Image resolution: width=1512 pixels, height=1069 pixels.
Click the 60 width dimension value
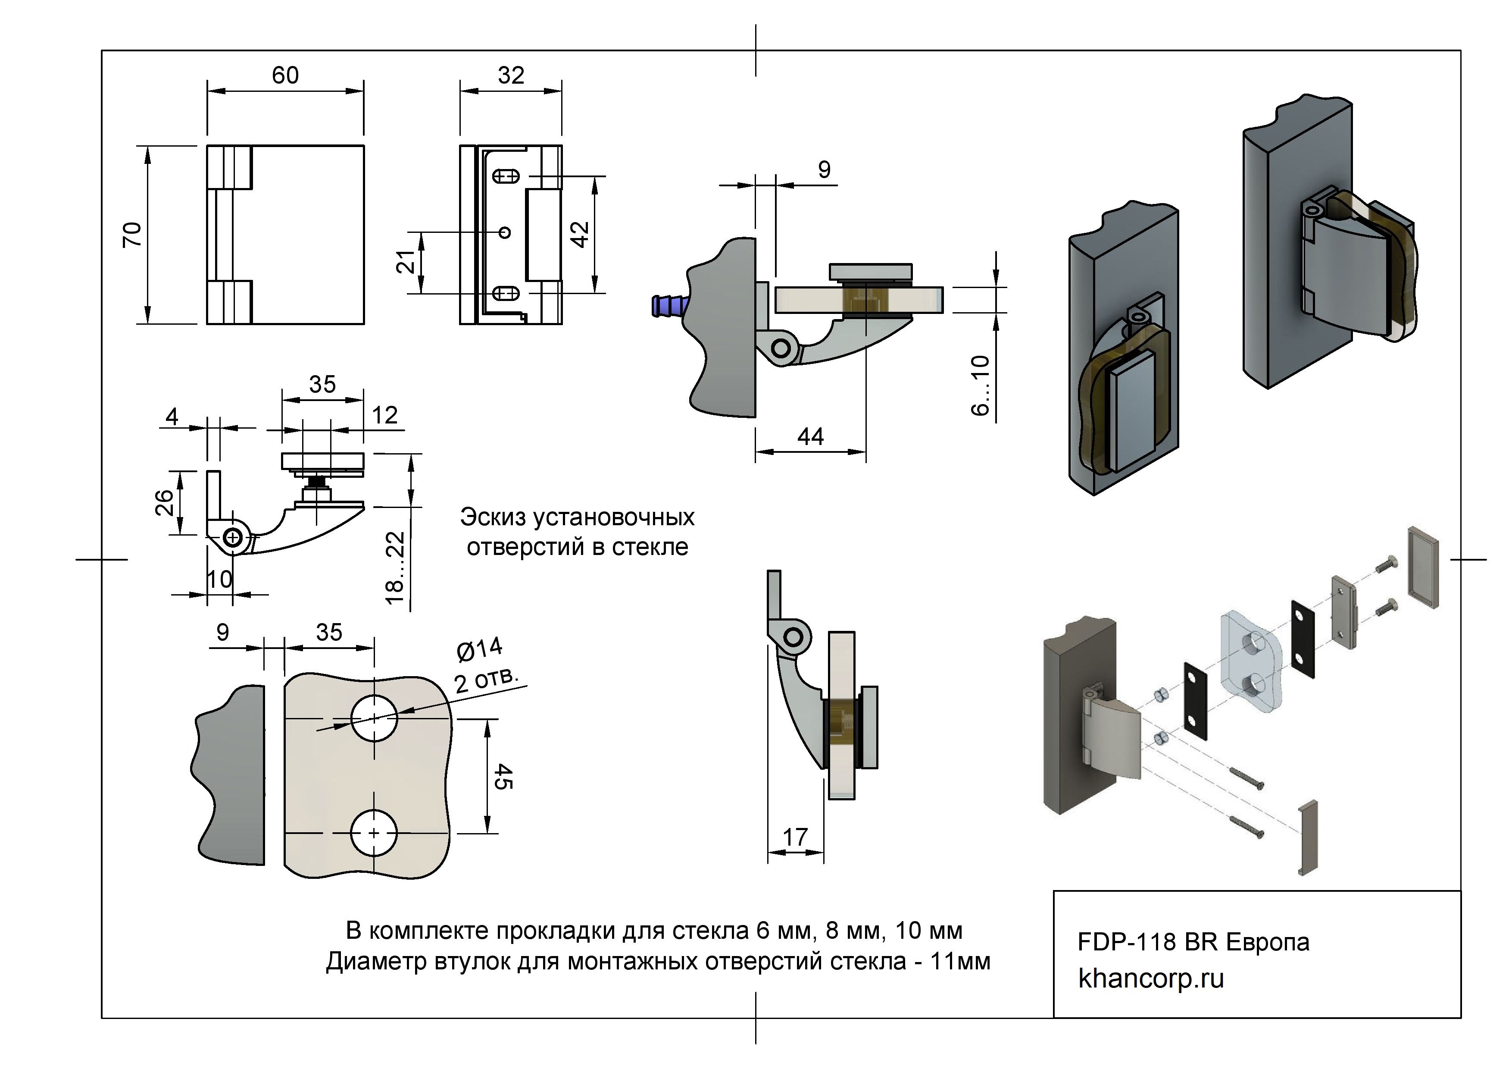285,76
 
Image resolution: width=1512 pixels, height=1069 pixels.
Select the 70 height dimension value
132,235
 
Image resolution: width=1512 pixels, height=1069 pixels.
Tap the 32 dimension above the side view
511,76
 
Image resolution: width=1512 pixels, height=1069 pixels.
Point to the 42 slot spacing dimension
580,235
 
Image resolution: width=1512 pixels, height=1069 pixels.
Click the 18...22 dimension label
394,568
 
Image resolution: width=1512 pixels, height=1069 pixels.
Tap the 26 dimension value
165,502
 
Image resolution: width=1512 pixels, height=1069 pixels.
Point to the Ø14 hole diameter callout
479,649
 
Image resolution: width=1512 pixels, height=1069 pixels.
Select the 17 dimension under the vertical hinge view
795,837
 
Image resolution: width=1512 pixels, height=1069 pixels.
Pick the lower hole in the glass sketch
374,833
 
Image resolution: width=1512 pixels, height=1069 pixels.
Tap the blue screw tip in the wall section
666,306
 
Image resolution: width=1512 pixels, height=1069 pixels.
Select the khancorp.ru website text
1150,979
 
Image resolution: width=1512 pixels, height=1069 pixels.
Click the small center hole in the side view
506,232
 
